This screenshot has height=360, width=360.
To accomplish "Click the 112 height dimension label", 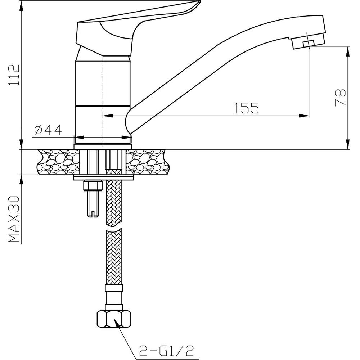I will pyautogui.click(x=14, y=75).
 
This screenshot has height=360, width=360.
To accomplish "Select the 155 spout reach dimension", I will pyautogui.click(x=247, y=108).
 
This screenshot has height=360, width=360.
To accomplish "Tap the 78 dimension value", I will pyautogui.click(x=341, y=97).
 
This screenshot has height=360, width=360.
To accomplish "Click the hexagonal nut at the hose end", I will pyautogui.click(x=114, y=318).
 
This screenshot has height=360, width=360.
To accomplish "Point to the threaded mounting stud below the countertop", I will pyautogui.click(x=92, y=202).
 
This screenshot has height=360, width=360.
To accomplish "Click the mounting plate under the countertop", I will pyautogui.click(x=103, y=177).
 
